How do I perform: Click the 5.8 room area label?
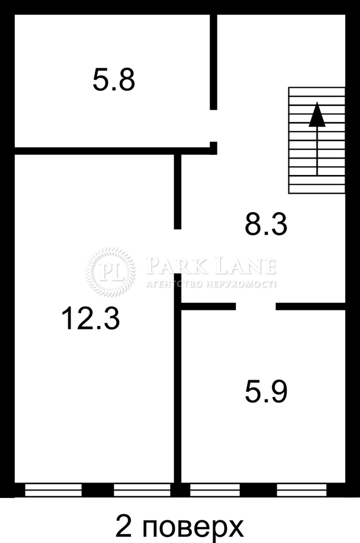click(x=114, y=80)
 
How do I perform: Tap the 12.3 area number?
click(x=90, y=319)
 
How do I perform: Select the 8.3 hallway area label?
click(x=266, y=224)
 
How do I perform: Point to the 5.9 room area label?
click(x=266, y=392)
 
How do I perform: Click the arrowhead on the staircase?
click(x=317, y=114)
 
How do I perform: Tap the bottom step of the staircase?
click(x=317, y=189)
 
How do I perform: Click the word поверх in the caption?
click(x=192, y=526)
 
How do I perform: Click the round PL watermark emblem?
click(x=110, y=272)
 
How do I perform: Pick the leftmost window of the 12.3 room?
click(x=53, y=490)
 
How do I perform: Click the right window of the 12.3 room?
click(x=142, y=490)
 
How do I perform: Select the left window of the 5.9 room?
click(x=215, y=490)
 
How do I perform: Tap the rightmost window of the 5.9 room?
click(x=301, y=490)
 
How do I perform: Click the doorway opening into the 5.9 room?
click(x=256, y=307)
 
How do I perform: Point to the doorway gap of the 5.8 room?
click(x=214, y=126)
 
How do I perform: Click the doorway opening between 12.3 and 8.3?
click(x=178, y=251)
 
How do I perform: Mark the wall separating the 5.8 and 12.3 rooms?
click(x=113, y=150)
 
